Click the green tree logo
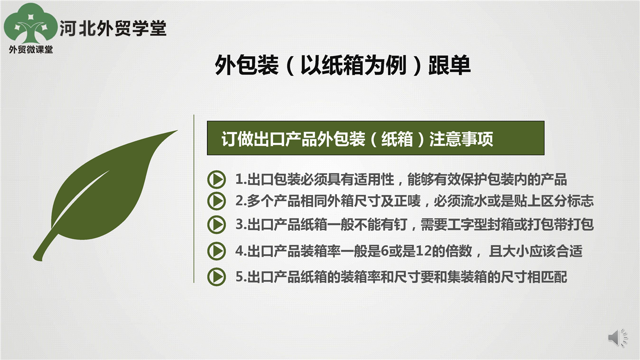pyautogui.click(x=30, y=23)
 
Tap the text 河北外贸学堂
pyautogui.click(x=113, y=28)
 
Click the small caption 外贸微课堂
pyautogui.click(x=31, y=49)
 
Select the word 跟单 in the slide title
pyautogui.click(x=449, y=65)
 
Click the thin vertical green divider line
pyautogui.click(x=193, y=199)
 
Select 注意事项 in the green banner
pyautogui.click(x=461, y=139)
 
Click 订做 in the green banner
pyautogui.click(x=237, y=139)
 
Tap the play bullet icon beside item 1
pyautogui.click(x=216, y=179)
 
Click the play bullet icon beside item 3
pyautogui.click(x=216, y=224)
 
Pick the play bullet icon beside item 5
pyautogui.click(x=216, y=276)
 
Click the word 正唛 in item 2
pyautogui.click(x=407, y=201)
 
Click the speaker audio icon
pyautogui.click(x=617, y=337)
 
